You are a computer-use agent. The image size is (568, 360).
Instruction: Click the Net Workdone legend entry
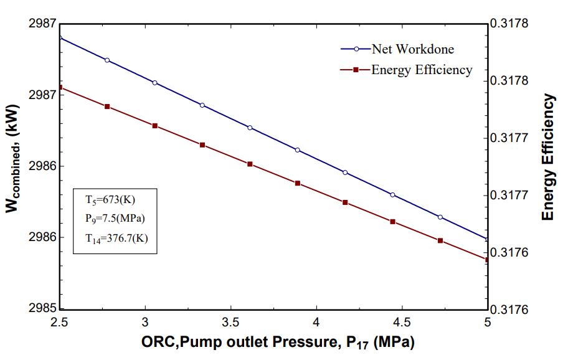point(412,49)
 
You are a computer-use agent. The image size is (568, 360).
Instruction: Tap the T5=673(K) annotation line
point(110,200)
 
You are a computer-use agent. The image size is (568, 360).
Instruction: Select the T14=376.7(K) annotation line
point(116,237)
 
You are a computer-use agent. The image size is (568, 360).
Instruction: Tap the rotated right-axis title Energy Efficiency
point(548,157)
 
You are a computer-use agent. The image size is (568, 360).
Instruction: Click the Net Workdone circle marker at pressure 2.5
point(60,37)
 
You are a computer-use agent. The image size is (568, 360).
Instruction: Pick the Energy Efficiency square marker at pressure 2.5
point(60,87)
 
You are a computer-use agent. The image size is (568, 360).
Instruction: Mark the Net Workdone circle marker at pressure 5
point(487,239)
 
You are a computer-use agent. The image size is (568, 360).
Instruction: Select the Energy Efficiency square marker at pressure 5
point(487,260)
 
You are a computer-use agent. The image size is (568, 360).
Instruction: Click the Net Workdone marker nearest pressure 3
point(154,83)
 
